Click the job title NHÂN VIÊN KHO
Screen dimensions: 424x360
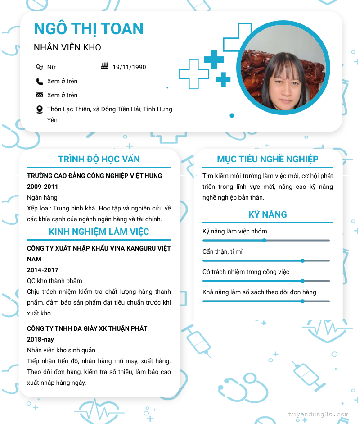point(67,47)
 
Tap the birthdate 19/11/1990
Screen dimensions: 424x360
point(129,67)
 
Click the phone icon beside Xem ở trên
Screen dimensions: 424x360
point(40,82)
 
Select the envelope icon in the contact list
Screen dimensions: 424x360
point(40,95)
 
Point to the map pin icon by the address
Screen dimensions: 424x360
point(40,109)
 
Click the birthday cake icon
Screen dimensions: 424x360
point(105,67)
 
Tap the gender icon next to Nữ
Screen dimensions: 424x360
point(40,67)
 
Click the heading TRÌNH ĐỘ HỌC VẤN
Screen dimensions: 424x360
point(99,159)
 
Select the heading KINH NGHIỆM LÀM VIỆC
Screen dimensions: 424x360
point(99,232)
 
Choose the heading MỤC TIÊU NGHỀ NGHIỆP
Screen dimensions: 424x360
point(268,159)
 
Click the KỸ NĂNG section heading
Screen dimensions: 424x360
point(268,214)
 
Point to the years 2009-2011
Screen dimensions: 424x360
point(43,187)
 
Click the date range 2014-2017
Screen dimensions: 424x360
point(43,270)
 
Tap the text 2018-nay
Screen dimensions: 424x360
point(40,339)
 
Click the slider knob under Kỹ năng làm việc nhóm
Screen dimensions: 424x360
point(265,240)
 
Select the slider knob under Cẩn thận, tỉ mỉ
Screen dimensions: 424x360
point(303,260)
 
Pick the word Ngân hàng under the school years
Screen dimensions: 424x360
point(42,197)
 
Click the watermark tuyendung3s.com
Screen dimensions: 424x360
point(318,415)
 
